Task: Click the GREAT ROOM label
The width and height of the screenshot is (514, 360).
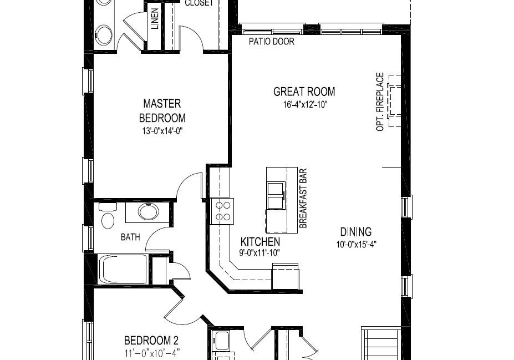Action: click(304, 92)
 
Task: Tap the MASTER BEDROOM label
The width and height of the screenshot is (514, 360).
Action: click(162, 111)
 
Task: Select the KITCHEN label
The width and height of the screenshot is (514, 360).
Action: click(260, 242)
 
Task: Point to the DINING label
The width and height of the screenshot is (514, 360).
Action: click(355, 232)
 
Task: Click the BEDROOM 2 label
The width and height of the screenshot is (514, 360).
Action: click(151, 341)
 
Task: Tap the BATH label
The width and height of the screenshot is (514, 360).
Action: click(130, 237)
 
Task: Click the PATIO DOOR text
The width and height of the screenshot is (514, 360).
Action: click(272, 42)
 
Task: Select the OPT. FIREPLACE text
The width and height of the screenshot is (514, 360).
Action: click(380, 102)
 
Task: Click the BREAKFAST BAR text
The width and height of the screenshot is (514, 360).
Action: click(303, 199)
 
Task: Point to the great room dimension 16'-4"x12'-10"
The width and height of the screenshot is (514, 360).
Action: click(306, 105)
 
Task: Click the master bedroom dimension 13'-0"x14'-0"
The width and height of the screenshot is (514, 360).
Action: click(162, 131)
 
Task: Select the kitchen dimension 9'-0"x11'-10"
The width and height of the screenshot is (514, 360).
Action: click(260, 253)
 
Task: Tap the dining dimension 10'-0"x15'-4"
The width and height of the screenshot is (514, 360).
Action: click(356, 244)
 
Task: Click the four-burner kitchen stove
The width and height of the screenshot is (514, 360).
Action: click(222, 211)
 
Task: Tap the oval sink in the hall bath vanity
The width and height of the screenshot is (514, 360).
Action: click(149, 211)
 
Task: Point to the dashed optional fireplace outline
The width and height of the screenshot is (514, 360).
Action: click(394, 100)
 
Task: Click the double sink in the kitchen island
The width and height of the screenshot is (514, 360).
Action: click(276, 195)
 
